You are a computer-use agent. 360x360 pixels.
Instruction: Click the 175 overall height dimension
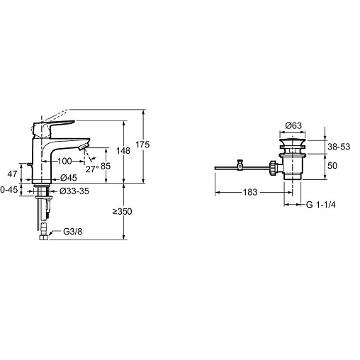click(142, 145)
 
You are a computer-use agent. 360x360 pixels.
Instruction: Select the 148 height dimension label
click(123, 151)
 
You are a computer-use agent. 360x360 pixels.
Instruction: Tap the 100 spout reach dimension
click(64, 161)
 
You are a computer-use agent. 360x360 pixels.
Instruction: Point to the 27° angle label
click(92, 169)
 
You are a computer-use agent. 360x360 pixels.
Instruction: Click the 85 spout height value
click(106, 167)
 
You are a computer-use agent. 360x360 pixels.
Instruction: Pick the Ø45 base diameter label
click(69, 178)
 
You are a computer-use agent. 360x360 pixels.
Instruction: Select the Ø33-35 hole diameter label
click(74, 191)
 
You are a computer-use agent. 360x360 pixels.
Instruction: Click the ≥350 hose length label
click(122, 212)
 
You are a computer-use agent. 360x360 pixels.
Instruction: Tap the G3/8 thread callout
click(73, 232)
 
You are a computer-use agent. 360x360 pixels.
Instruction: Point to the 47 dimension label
click(12, 174)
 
